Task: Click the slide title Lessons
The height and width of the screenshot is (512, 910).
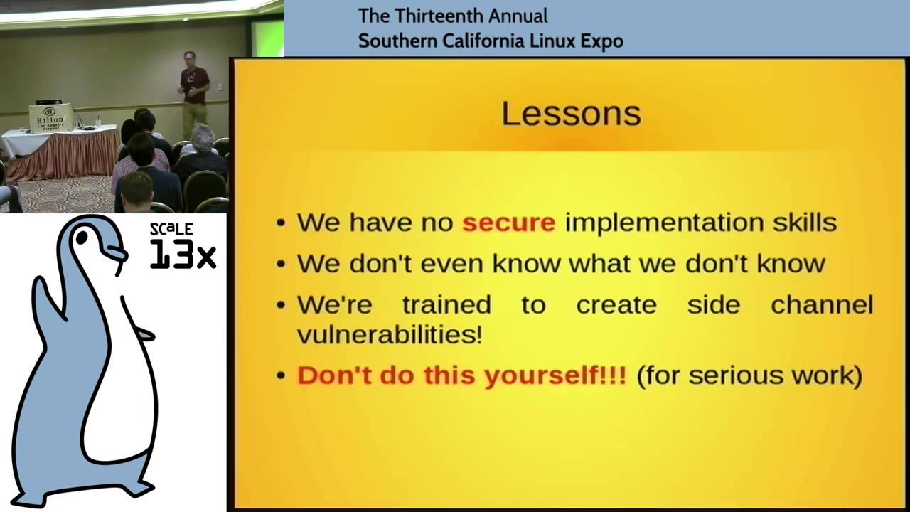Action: pyautogui.click(x=571, y=114)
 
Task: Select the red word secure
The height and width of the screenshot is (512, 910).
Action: pyautogui.click(x=508, y=223)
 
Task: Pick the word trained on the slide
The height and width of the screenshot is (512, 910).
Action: pyautogui.click(x=446, y=304)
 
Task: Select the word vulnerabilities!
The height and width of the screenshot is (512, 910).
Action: pyautogui.click(x=389, y=334)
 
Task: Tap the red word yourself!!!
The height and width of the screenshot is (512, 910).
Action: pyautogui.click(x=555, y=375)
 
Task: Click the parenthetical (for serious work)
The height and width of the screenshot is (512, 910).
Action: pyautogui.click(x=749, y=375)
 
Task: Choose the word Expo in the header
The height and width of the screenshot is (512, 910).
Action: pyautogui.click(x=601, y=41)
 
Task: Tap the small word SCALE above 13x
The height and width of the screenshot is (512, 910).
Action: pyautogui.click(x=171, y=229)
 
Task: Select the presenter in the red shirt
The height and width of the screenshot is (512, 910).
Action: pyautogui.click(x=194, y=92)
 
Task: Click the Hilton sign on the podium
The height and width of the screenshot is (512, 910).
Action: pyautogui.click(x=50, y=117)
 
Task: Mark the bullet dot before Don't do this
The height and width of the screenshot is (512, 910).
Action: pyautogui.click(x=282, y=376)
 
